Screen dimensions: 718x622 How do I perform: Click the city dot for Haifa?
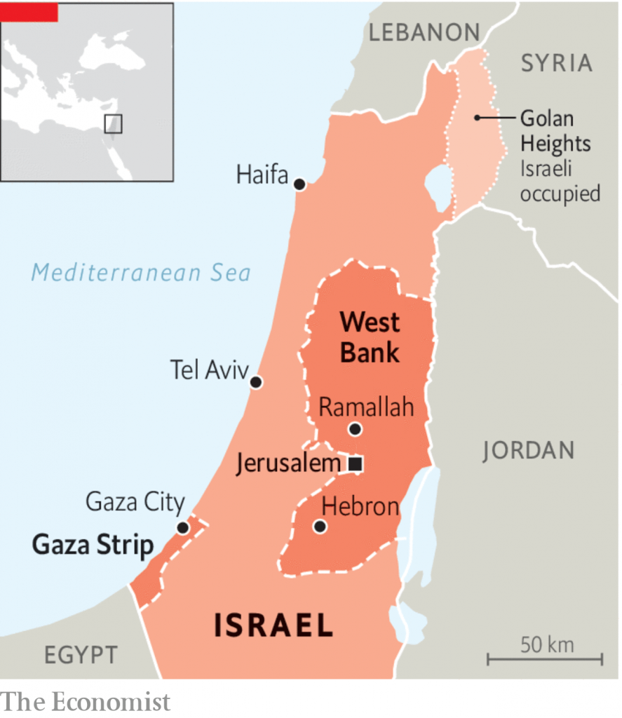tap(299, 184)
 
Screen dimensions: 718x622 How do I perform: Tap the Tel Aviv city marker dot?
tap(256, 382)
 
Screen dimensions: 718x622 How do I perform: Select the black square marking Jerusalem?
tap(356, 463)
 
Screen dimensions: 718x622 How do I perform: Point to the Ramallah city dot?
tap(355, 429)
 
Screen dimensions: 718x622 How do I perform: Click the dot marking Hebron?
tap(320, 526)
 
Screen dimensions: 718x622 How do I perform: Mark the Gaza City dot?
tap(183, 528)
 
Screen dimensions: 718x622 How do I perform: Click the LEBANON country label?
tap(424, 32)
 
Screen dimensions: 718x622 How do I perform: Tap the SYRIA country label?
tap(556, 63)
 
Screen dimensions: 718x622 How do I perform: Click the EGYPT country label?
tap(81, 655)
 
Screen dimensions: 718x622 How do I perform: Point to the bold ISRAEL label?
tap(273, 625)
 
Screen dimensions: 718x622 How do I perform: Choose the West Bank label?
tap(370, 337)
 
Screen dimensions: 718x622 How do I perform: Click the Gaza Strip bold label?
tap(93, 546)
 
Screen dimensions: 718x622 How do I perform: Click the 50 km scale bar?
tap(545, 658)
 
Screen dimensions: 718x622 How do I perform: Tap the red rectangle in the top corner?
tap(29, 11)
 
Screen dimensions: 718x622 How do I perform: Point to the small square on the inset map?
tap(113, 124)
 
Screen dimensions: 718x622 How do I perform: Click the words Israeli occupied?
tap(560, 181)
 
